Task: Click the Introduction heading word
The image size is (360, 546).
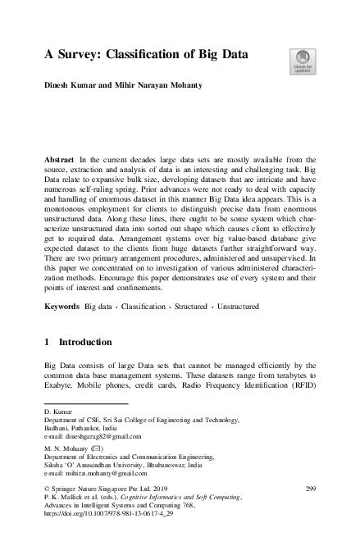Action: click(x=93, y=343)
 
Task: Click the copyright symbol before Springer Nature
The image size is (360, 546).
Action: click(x=47, y=489)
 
